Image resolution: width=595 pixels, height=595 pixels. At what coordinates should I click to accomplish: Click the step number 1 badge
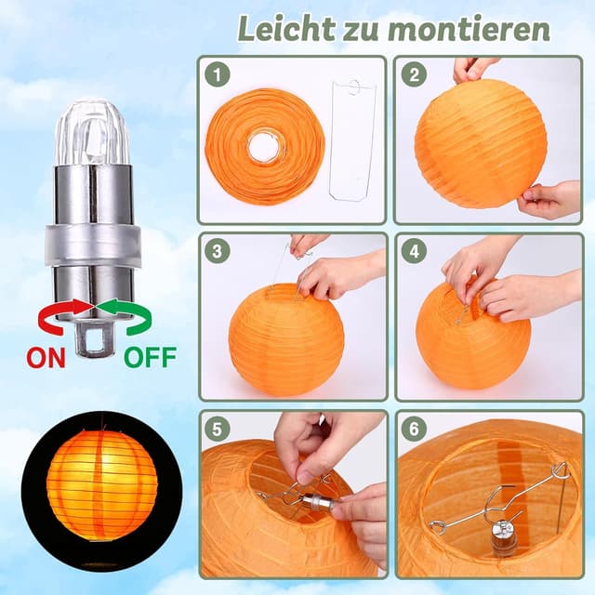pos(217,74)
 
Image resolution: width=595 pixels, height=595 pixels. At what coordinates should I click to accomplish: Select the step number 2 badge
pos(413,74)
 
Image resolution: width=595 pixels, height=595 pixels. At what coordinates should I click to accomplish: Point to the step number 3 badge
pos(217,251)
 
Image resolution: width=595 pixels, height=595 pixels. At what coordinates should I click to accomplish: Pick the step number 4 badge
pos(413,251)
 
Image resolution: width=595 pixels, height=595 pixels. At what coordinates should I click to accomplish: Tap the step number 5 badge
pos(217,430)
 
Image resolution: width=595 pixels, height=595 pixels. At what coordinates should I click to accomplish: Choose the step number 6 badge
pos(413,430)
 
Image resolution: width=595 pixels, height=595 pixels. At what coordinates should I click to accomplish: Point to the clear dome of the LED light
pos(95,130)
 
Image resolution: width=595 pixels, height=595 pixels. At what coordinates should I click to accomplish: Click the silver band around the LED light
pos(95,245)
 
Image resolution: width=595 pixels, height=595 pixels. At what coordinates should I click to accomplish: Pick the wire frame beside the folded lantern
pos(352,139)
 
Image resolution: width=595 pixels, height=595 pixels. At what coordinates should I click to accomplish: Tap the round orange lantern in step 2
pos(480,142)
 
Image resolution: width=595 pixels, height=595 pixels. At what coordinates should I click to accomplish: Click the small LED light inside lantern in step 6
pos(504,537)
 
